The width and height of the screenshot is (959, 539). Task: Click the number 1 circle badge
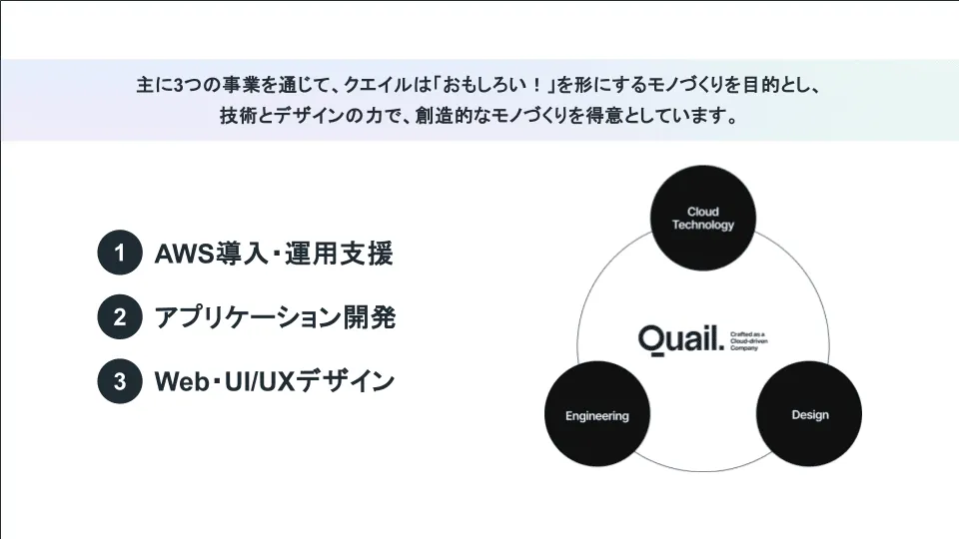point(120,254)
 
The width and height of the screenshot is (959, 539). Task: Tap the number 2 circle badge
point(120,318)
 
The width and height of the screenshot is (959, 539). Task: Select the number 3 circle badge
point(120,381)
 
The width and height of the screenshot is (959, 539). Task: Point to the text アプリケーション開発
point(275,318)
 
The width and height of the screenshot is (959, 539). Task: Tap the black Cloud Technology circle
point(703,218)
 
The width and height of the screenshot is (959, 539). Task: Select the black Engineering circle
point(597,415)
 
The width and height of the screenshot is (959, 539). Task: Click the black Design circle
point(809,415)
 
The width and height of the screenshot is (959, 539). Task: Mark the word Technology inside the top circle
point(703,225)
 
